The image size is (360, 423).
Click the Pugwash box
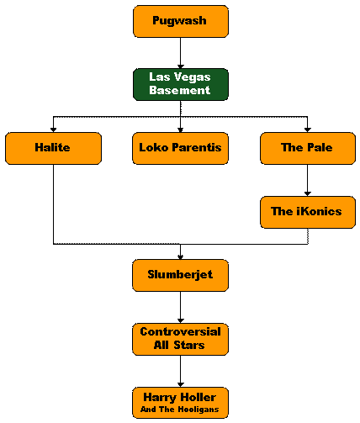point(181,21)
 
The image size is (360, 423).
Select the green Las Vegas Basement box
point(181,84)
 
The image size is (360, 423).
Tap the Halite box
point(53,148)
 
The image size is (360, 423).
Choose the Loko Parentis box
point(180,148)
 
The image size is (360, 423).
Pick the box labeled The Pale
point(308,148)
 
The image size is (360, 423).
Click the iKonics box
point(308,212)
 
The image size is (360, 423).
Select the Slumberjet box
point(180,275)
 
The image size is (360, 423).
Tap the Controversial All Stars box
point(180,339)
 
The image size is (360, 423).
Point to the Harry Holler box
point(180,403)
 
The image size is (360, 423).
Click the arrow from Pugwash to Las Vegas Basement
point(181,53)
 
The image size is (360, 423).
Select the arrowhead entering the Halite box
point(53,130)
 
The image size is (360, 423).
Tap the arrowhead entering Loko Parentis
point(181,130)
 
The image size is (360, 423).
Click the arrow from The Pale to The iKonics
point(308,180)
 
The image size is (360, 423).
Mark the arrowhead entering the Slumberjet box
point(181,257)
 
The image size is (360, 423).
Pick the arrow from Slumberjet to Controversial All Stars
point(181,307)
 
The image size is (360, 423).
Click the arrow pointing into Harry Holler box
point(181,371)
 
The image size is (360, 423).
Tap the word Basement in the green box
point(179,90)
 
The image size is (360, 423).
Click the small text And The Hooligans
point(179,409)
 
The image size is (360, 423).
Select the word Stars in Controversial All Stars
point(189,345)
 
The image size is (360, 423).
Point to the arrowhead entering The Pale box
point(308,130)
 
